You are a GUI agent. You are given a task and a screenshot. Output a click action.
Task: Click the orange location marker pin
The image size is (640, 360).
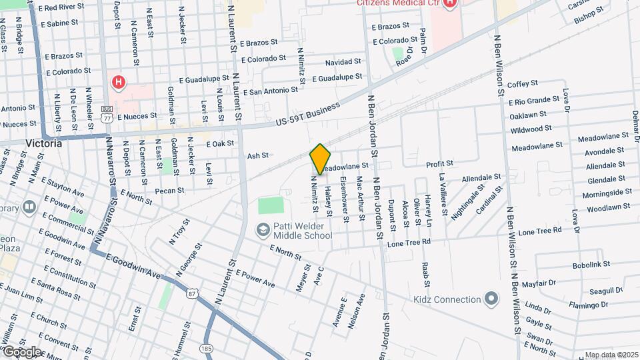coord(321,159)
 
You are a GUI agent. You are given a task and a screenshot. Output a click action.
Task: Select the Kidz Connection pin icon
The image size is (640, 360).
coord(492,299)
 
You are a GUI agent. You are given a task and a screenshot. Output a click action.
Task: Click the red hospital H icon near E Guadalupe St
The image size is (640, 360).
coord(119,83)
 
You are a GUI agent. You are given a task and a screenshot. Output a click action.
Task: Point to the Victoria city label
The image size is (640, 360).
coord(43,143)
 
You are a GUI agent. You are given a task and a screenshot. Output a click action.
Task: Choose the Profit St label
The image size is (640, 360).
coord(439,163)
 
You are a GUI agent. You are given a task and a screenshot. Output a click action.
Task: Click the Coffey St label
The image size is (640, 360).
coord(522,84)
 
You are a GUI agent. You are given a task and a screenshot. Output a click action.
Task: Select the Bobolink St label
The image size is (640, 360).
coord(591,265)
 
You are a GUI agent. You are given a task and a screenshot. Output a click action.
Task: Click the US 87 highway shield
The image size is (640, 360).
coord(193,292)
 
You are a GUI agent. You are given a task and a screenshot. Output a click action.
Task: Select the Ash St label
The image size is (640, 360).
coord(257,155)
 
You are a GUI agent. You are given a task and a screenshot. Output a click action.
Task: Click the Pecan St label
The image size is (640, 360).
coord(170,191)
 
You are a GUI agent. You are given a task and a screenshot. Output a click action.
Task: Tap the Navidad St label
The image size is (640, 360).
coord(343,62)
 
